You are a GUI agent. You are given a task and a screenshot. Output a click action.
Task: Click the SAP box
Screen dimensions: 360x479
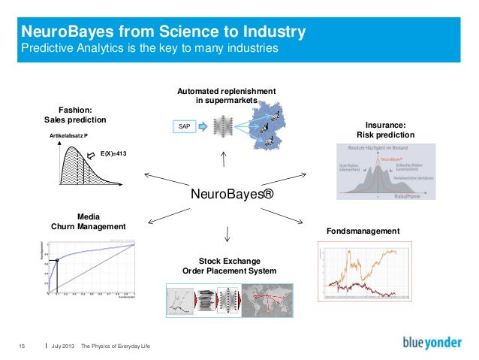click(x=184, y=127)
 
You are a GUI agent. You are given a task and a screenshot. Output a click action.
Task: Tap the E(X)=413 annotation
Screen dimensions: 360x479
click(x=113, y=153)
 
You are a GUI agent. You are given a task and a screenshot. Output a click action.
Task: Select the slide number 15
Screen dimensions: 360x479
click(x=21, y=345)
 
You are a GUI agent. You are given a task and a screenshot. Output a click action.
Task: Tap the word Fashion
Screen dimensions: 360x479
click(x=75, y=109)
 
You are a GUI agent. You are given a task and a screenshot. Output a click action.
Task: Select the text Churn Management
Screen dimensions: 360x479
click(x=88, y=226)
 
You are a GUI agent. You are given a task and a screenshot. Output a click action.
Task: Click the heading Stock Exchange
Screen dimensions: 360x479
click(x=229, y=261)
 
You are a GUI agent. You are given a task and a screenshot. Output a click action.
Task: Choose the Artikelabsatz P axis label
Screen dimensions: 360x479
click(x=68, y=135)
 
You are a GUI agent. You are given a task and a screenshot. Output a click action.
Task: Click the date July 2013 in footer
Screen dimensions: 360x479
click(x=62, y=345)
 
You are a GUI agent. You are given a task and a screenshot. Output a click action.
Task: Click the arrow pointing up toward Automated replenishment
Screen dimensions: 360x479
click(x=223, y=159)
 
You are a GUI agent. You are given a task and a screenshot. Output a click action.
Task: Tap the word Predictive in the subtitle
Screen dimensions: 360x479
click(x=46, y=49)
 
